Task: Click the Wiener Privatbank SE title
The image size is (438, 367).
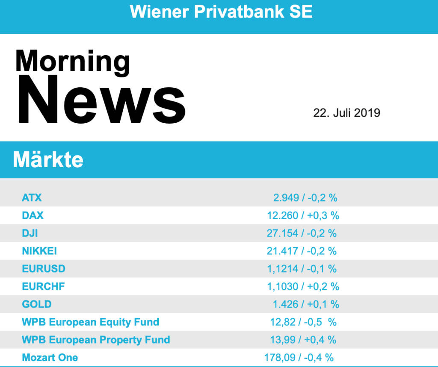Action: pos(221,12)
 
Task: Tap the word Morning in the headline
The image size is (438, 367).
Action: pos(72,61)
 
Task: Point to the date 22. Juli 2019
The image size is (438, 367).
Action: pos(346,113)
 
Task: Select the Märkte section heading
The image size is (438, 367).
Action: pos(48,160)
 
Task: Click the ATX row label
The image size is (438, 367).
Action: pos(32,198)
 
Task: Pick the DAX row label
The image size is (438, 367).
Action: pos(33,216)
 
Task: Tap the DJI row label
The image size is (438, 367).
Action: pos(30,233)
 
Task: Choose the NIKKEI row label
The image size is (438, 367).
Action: pos(39,251)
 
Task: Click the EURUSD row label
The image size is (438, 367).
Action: pos(44,269)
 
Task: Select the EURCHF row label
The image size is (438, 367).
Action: pos(43,286)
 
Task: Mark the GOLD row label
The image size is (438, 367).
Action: pos(37,304)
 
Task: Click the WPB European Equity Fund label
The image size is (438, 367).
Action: pos(90,322)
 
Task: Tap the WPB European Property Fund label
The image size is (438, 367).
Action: pos(96,340)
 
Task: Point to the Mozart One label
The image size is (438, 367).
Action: pos(50,357)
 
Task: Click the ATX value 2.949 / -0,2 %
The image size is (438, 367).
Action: pos(305,198)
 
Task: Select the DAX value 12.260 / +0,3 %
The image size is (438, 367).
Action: pos(303,216)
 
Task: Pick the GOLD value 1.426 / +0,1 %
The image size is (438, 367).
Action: pos(306,304)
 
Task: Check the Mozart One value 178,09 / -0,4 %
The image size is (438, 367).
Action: pos(299,357)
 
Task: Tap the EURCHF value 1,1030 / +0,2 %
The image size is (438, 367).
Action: pos(303,286)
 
